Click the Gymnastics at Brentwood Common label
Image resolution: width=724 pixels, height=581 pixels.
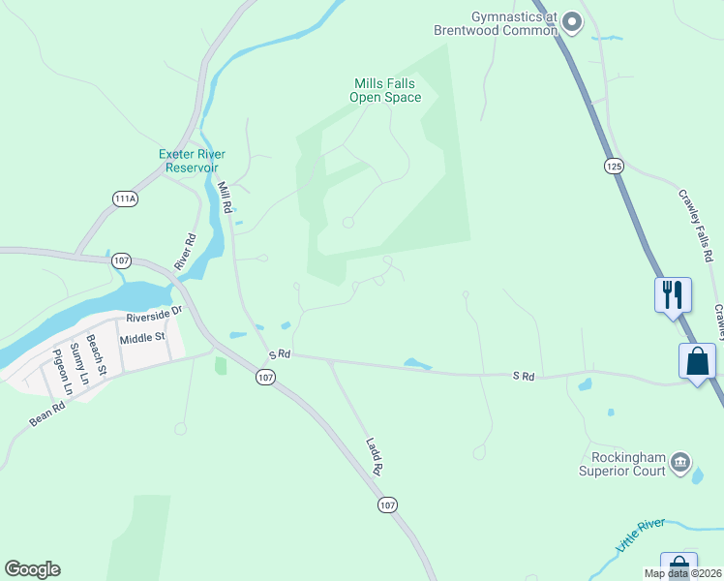514,23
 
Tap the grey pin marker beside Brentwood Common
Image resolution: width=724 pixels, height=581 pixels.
572,20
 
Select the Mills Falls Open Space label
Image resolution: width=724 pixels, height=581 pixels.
386,91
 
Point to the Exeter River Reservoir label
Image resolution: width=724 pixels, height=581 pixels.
193,161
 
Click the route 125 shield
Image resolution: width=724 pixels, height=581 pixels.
614,167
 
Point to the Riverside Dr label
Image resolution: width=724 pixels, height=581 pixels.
154,314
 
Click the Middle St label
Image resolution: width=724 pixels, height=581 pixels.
143,339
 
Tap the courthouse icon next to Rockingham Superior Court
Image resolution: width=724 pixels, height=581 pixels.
680,463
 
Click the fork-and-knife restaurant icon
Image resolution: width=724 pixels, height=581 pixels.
673,293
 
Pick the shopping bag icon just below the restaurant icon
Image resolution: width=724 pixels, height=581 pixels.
698,362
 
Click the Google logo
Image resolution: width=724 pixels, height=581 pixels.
32,569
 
